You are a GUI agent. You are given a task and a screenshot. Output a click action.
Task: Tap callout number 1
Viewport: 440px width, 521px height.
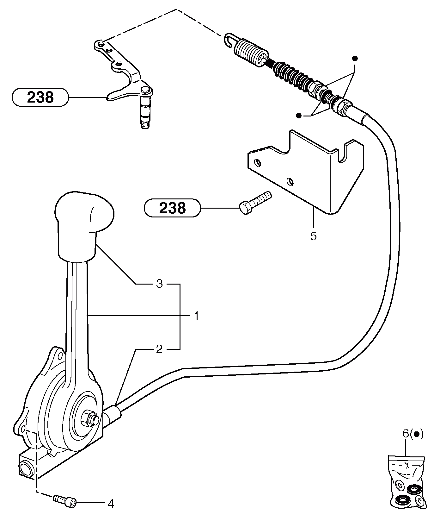(x=196, y=316)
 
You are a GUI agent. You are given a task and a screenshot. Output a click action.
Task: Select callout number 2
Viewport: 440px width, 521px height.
(x=159, y=349)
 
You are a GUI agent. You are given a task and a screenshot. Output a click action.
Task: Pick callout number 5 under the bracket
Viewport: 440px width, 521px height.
(x=313, y=236)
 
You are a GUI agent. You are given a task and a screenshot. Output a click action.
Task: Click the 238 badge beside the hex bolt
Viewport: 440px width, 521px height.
(x=172, y=208)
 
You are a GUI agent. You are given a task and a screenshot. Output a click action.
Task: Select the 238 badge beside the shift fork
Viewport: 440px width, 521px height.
(x=40, y=97)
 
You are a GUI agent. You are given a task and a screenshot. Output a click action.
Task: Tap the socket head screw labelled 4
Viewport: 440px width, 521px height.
(x=65, y=501)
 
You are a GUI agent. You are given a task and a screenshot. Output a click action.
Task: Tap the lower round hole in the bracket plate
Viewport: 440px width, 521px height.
(x=290, y=182)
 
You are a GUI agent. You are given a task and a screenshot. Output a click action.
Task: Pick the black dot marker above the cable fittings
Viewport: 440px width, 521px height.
(x=355, y=59)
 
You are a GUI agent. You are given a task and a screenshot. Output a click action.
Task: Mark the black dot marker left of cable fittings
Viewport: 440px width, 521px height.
(x=298, y=116)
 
